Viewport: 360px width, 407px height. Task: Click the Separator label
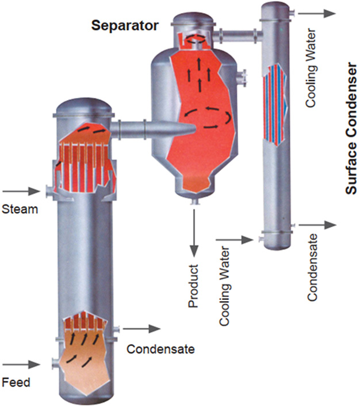click(x=125, y=26)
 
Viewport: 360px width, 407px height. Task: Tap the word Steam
click(x=20, y=209)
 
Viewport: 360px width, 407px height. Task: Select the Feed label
click(x=16, y=382)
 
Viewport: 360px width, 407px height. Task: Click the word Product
click(x=193, y=286)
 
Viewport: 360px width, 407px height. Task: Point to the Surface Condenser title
click(x=352, y=128)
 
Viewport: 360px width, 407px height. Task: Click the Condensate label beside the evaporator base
click(x=160, y=349)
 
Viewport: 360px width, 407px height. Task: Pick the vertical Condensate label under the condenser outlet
click(x=312, y=268)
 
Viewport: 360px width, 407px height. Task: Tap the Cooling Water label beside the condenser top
click(x=311, y=69)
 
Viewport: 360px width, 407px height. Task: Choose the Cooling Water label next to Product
click(x=224, y=286)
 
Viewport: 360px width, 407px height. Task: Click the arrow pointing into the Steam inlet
click(x=21, y=192)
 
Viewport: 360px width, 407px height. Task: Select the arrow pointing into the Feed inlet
click(x=21, y=364)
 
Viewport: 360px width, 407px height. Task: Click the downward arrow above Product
click(x=194, y=233)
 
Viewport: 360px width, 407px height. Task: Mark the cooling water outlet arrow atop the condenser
click(x=317, y=13)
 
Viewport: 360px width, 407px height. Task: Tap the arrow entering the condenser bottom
click(x=235, y=240)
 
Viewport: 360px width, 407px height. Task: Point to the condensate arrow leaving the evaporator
click(x=141, y=329)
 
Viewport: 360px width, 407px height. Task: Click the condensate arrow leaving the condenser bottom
click(x=317, y=225)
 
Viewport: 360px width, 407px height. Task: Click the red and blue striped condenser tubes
click(x=275, y=105)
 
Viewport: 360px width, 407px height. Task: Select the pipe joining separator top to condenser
click(x=238, y=34)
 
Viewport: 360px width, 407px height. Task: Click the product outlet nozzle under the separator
click(x=194, y=202)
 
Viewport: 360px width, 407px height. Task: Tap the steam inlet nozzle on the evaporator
click(x=50, y=192)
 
